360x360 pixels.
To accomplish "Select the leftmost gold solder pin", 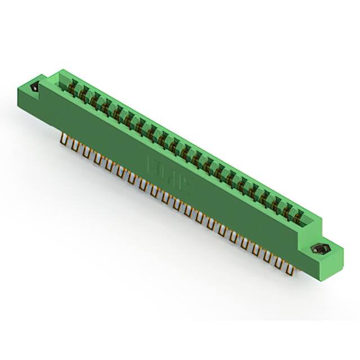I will [x=62, y=140].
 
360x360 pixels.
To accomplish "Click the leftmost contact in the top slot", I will [x=72, y=86].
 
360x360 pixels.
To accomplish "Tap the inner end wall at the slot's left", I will [x=63, y=79].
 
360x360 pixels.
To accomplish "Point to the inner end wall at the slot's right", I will [x=310, y=220].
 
